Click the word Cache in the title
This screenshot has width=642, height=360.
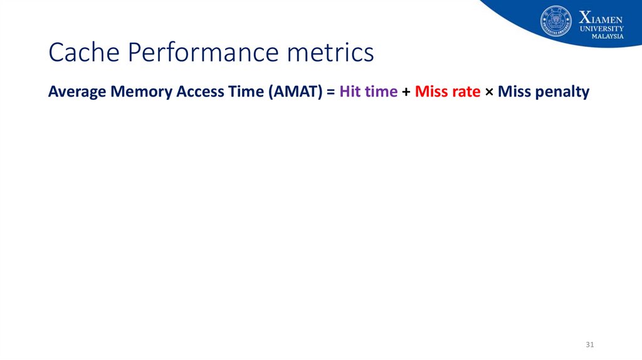84,52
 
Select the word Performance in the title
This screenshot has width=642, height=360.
203,53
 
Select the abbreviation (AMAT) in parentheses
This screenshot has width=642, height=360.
296,92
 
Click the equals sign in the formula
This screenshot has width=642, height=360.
331,92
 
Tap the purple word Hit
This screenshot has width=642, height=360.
350,92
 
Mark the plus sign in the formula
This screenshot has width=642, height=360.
406,92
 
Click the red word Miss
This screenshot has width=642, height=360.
429,92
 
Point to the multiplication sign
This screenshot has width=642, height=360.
489,92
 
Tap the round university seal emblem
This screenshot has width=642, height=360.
555,21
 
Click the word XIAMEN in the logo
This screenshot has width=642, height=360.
601,18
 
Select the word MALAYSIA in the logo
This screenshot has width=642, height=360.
608,36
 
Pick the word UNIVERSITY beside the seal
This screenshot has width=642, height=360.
601,29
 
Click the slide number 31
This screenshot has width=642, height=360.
589,344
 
